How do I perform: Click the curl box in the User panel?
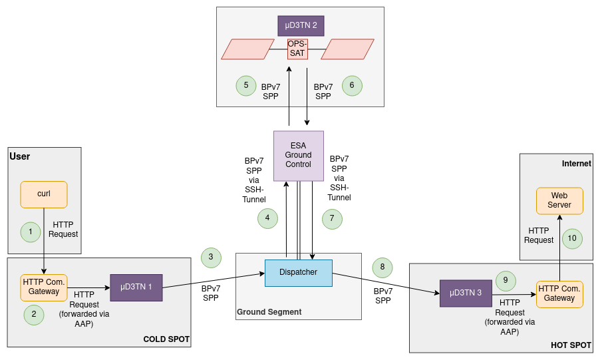[x=44, y=194]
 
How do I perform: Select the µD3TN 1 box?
[x=136, y=287]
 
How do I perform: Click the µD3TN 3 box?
[x=466, y=293]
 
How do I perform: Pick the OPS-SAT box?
[x=297, y=49]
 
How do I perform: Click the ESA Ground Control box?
[x=298, y=156]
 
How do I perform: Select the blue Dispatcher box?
[x=298, y=273]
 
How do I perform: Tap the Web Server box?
[x=559, y=201]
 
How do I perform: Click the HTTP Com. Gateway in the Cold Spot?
[x=44, y=287]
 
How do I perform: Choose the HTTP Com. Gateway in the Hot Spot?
[x=559, y=294]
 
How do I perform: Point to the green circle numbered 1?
[x=31, y=232]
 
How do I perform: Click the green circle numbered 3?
[x=211, y=257]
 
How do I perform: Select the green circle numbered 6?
[x=352, y=85]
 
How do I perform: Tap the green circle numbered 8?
[x=382, y=268]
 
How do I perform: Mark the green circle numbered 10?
[x=572, y=238]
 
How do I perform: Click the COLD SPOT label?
[x=166, y=339]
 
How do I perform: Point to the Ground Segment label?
[x=269, y=312]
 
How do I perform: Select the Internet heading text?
[x=576, y=164]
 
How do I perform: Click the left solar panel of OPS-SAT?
[x=245, y=49]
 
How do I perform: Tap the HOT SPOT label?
[x=571, y=345]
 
